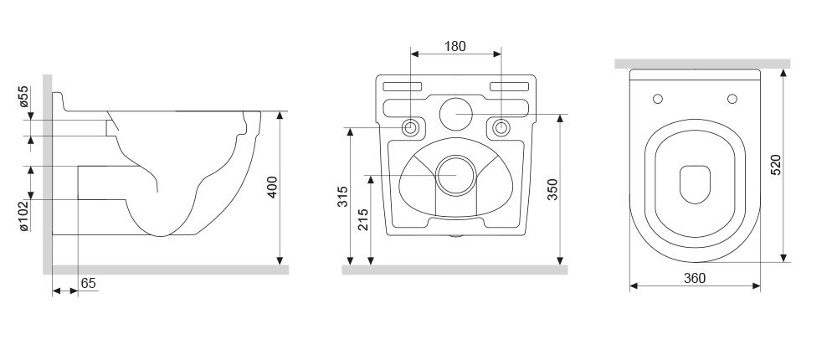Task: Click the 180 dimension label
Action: coord(454,47)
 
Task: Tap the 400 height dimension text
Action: coord(272,187)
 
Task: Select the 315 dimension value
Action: coord(342,197)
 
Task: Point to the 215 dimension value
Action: coord(363,219)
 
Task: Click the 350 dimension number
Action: coord(552,189)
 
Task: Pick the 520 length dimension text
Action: coord(776,164)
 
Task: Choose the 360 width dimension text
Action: coord(695,278)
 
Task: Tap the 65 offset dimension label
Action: coord(89,283)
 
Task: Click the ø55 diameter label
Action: coord(24,96)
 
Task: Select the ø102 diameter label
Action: coord(24,216)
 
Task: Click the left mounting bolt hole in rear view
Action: coord(410,127)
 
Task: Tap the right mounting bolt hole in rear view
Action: coord(501,127)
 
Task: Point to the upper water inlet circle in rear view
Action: coord(456,115)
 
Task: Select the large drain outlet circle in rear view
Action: coord(456,175)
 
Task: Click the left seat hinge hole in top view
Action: coord(658,99)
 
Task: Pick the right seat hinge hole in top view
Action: coord(732,99)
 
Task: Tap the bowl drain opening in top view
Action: coord(695,184)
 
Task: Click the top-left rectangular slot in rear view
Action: coord(403,86)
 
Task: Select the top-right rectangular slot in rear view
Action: coord(509,86)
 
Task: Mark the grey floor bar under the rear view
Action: coord(454,270)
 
